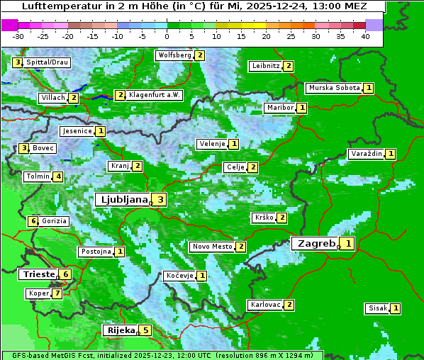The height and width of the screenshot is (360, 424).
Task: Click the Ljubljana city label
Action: (x=122, y=200)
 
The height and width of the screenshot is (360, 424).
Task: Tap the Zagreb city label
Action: (x=316, y=244)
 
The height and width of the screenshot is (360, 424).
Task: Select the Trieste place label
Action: (x=38, y=274)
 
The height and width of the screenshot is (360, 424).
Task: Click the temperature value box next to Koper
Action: (x=57, y=293)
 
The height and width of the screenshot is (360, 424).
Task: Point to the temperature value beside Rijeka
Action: (x=145, y=330)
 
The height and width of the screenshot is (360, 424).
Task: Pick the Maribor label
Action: (x=279, y=108)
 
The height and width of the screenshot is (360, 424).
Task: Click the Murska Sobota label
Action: (x=334, y=88)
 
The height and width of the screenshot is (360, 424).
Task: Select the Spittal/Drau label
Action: (x=48, y=62)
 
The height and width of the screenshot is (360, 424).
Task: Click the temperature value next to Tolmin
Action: (x=58, y=176)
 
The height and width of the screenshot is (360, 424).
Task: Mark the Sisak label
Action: (x=378, y=308)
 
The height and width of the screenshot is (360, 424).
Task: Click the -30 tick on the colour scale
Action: (x=18, y=35)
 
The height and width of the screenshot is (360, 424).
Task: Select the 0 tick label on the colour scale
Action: (x=167, y=35)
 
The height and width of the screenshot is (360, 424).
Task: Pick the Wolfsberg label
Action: (x=174, y=55)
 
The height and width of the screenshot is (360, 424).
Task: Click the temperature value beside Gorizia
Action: (x=33, y=221)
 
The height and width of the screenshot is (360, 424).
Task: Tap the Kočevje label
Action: (x=180, y=275)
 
